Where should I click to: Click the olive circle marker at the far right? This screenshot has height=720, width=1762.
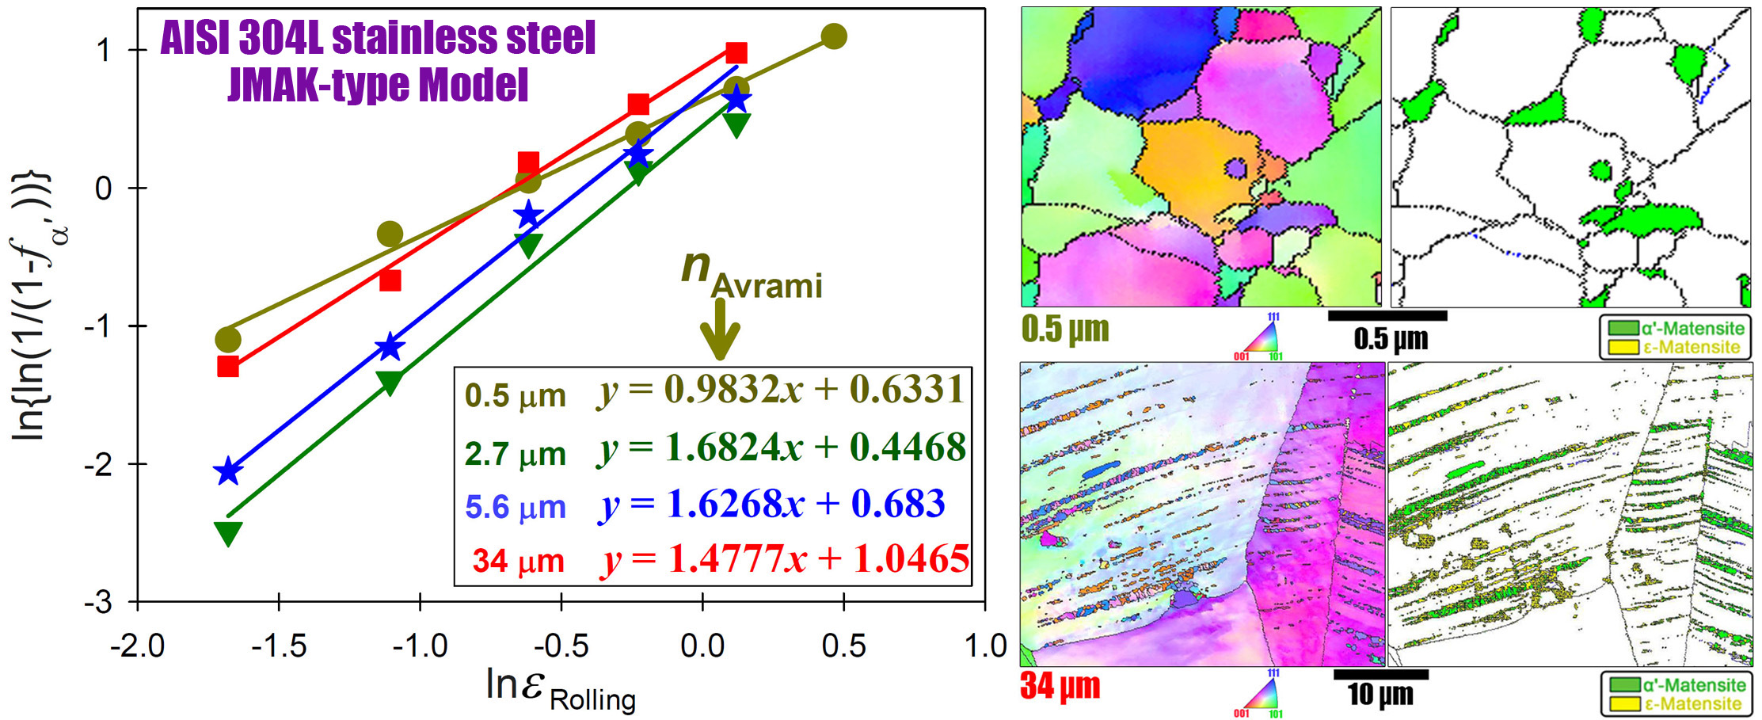click(834, 36)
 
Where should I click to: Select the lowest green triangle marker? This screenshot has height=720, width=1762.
click(228, 533)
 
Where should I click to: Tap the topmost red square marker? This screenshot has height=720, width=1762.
click(736, 53)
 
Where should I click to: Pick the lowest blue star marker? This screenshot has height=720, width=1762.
click(228, 471)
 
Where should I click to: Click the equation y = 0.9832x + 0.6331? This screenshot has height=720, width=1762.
click(781, 390)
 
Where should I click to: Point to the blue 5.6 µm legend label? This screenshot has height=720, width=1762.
click(515, 507)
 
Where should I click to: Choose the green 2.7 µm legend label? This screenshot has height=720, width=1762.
click(515, 455)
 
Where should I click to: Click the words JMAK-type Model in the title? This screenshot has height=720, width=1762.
click(378, 86)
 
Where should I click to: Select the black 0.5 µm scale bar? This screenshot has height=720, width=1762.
click(1387, 316)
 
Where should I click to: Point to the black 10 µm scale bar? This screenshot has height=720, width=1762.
click(1380, 675)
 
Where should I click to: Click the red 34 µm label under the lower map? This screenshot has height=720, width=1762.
click(1060, 686)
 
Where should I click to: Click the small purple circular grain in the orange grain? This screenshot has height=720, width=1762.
click(1236, 168)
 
